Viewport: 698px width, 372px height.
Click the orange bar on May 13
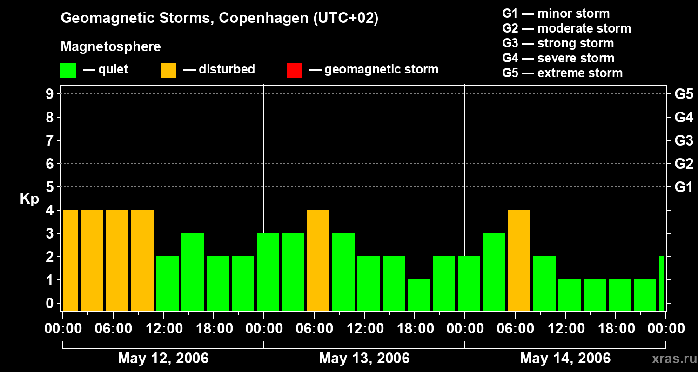click(x=318, y=260)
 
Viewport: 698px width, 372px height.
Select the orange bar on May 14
click(x=519, y=260)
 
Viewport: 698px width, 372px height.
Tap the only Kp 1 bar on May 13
click(x=419, y=295)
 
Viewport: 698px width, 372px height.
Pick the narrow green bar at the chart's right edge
click(x=662, y=283)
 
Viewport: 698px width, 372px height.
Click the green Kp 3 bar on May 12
click(x=193, y=272)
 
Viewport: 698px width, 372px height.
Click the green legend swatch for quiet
click(x=68, y=70)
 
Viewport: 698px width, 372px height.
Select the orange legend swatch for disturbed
click(x=168, y=70)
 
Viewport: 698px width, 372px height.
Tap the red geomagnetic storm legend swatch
click(x=294, y=70)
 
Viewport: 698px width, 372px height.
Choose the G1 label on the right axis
click(x=684, y=187)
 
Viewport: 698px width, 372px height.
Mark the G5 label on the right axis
click(x=684, y=94)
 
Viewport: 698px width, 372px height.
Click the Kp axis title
click(x=29, y=199)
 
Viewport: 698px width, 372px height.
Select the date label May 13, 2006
click(x=364, y=359)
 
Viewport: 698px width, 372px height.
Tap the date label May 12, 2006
click(x=163, y=359)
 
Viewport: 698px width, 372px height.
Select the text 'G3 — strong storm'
click(x=558, y=43)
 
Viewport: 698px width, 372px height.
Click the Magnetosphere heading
click(x=111, y=47)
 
